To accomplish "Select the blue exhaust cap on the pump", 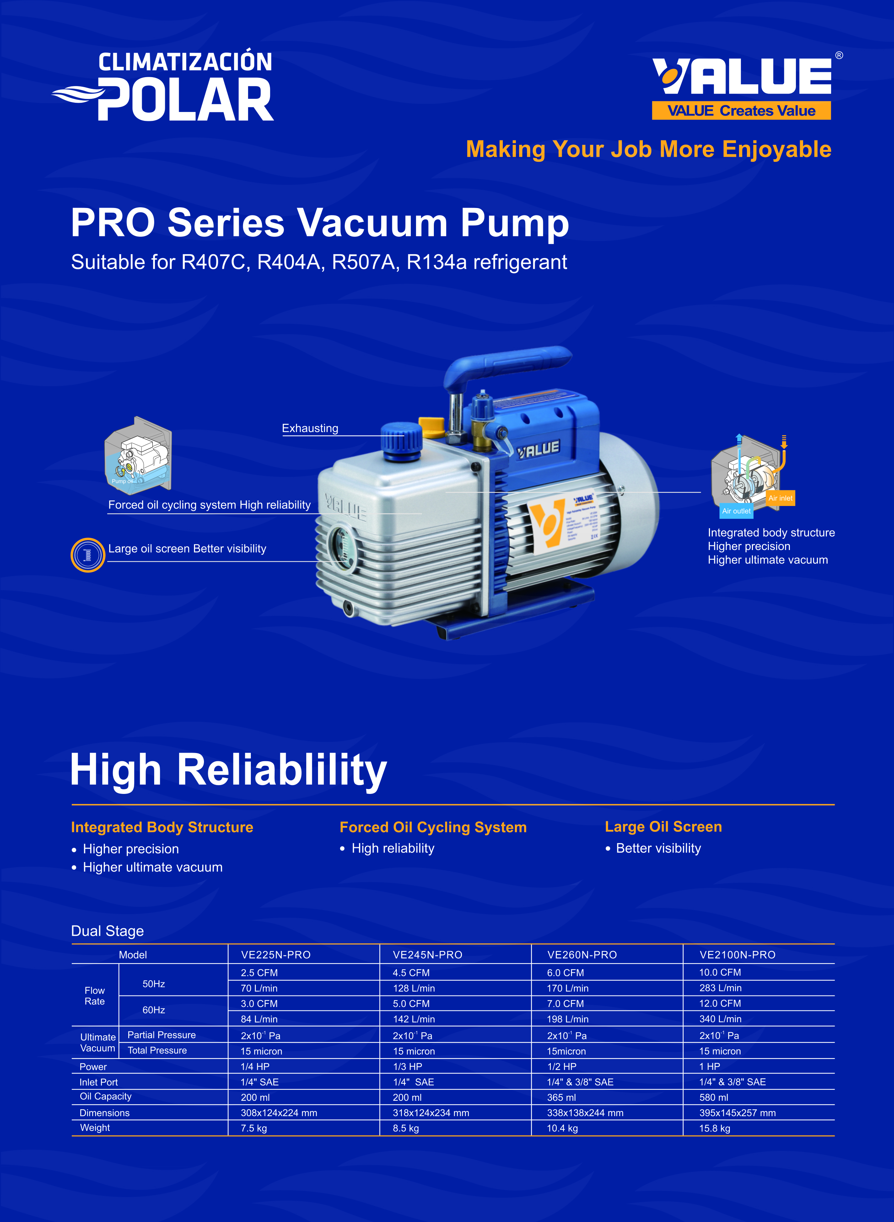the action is coord(401,441).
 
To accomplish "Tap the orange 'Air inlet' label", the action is coord(780,498).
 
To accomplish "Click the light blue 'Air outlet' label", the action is coord(737,511).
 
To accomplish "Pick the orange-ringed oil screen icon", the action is coord(88,555).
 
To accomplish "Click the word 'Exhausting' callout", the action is coord(310,428).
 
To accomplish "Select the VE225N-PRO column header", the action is coord(276,955).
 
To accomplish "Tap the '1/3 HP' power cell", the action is coord(408,1066).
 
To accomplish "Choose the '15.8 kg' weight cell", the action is coord(714,1128).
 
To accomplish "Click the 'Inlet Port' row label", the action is coord(98,1082).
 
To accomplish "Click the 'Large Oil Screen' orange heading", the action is coord(663,827).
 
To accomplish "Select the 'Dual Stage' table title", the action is coord(107,931).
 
